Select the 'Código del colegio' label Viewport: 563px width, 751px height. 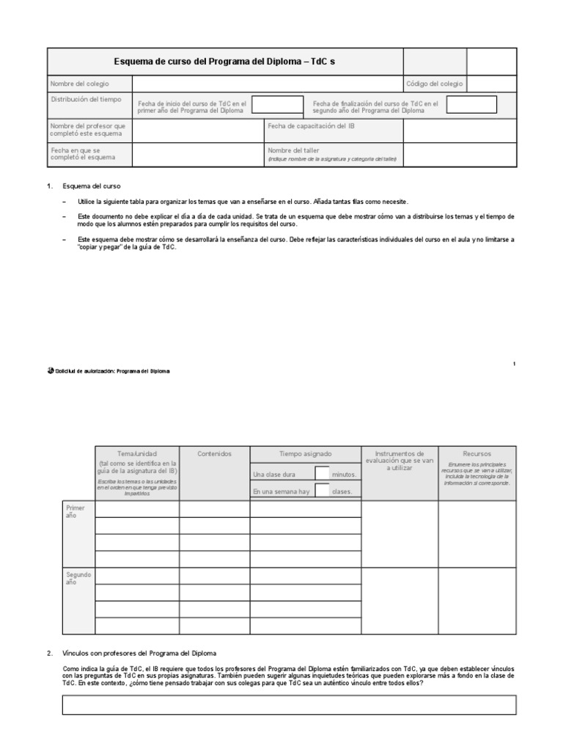434,84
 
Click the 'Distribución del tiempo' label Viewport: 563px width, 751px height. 87,99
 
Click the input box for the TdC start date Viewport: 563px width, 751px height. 277,105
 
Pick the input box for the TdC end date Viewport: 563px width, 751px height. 471,105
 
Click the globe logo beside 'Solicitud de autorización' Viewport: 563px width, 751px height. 50,371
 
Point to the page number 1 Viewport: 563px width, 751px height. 514,364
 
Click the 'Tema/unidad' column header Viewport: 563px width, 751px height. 137,454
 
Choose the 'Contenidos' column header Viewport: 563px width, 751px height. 214,454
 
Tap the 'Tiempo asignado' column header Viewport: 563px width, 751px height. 305,454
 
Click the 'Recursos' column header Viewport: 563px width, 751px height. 476,454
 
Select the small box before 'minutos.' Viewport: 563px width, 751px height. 322,474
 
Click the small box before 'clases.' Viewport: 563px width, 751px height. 322,491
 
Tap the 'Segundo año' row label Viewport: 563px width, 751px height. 78,579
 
